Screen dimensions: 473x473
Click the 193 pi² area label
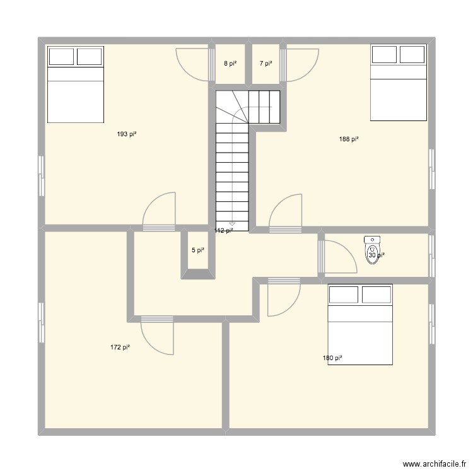(127, 134)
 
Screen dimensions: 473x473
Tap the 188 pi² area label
(349, 139)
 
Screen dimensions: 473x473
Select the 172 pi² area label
(120, 347)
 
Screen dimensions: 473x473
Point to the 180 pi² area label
(332, 358)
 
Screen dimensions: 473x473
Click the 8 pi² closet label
(230, 63)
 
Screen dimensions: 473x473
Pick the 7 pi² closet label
(266, 63)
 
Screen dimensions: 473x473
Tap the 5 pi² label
(197, 250)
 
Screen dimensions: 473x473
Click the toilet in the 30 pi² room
(372, 250)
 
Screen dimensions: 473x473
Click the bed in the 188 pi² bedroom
(398, 82)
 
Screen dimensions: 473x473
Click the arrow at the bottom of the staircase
(232, 223)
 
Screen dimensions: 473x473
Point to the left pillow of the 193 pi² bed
(61, 56)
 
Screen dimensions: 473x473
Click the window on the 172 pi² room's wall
(42, 322)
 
